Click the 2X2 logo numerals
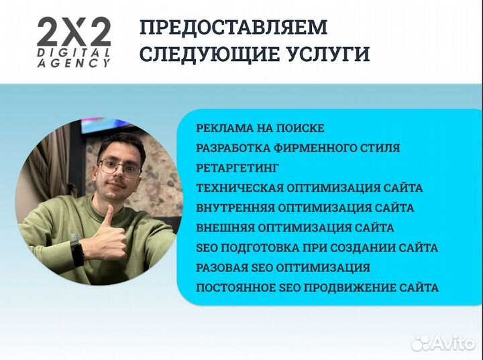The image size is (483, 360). point(74,32)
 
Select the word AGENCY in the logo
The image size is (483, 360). point(74,62)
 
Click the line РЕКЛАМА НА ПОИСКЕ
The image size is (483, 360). point(260,128)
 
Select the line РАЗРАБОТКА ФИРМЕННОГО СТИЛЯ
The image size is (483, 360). point(298,148)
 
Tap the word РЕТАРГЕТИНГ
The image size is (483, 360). point(237,168)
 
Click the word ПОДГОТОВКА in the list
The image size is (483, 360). point(254,248)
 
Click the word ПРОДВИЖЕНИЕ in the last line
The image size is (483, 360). point(356,288)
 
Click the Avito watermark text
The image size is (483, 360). point(454,343)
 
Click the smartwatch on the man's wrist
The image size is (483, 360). point(77,253)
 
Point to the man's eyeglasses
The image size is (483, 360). point(119,166)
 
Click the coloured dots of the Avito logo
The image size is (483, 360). point(421,343)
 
